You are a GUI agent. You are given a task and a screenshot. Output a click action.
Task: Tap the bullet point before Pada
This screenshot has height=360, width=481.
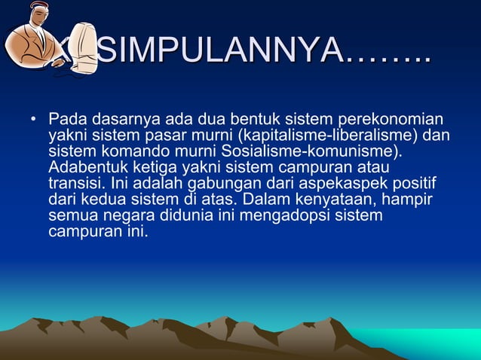[33, 121]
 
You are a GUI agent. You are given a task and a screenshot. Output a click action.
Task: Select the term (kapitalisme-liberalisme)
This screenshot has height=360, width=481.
[323, 136]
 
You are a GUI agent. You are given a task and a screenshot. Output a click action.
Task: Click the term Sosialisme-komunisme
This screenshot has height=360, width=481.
[321, 151]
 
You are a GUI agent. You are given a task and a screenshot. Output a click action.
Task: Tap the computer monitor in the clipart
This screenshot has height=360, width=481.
[81, 47]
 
